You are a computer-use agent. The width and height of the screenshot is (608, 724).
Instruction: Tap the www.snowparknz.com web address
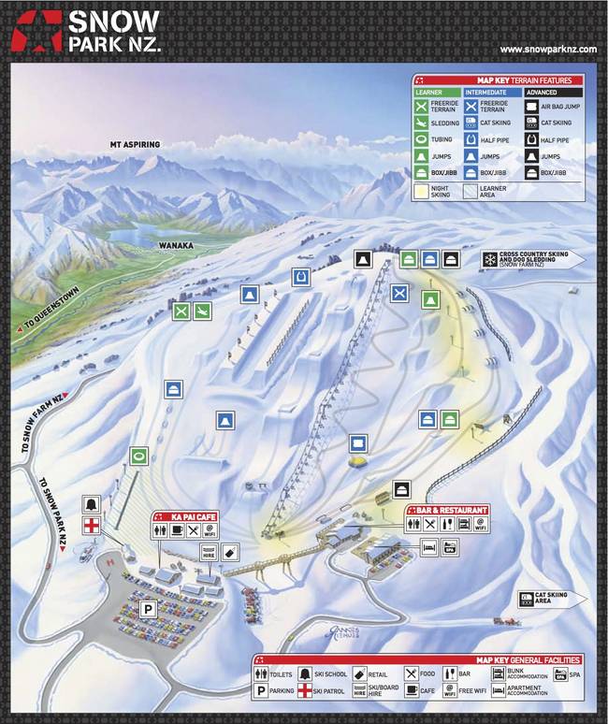(x=546, y=50)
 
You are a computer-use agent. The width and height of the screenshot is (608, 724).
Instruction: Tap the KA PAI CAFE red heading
(x=193, y=515)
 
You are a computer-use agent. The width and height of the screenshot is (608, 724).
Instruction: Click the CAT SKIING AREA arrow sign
(x=551, y=598)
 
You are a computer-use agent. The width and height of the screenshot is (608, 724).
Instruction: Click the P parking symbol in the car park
(x=147, y=609)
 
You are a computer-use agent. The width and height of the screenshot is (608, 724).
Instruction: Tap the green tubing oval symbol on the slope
(x=139, y=456)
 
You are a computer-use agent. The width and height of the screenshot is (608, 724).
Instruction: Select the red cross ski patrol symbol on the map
(x=92, y=526)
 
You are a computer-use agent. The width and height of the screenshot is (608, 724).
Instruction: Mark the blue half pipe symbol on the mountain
(x=299, y=277)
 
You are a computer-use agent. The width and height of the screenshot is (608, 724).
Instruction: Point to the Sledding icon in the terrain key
(x=427, y=123)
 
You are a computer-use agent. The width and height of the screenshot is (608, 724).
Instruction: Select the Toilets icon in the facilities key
(x=261, y=673)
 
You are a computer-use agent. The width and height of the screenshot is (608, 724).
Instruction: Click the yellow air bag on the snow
(x=357, y=460)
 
